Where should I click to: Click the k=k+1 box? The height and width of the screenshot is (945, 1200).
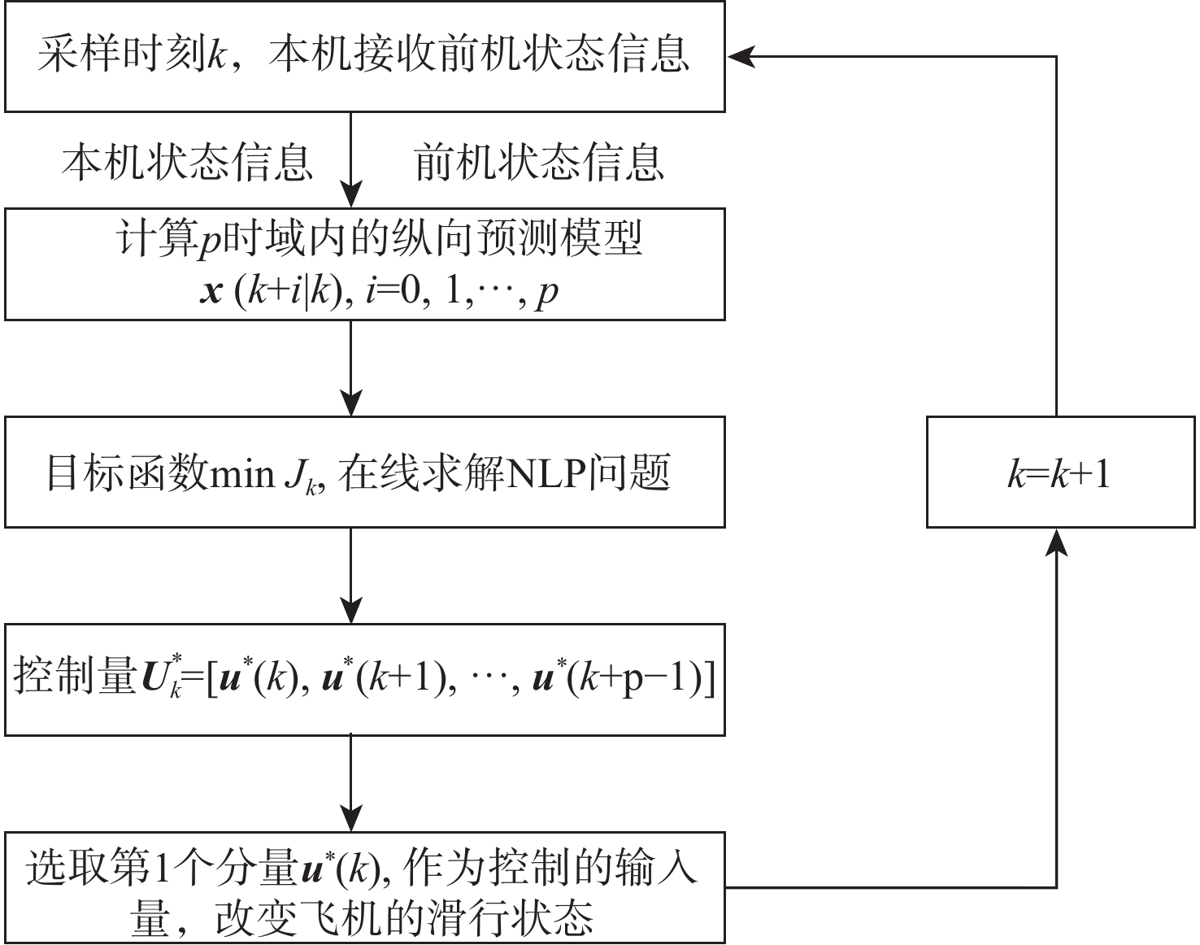1060,472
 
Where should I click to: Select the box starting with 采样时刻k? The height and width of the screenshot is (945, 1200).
364,56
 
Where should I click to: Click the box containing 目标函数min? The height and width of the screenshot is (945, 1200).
364,472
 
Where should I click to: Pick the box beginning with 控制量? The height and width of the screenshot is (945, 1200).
364,680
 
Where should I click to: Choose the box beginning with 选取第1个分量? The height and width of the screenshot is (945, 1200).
364,887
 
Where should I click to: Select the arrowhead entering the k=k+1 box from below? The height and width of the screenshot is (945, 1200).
1056,542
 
